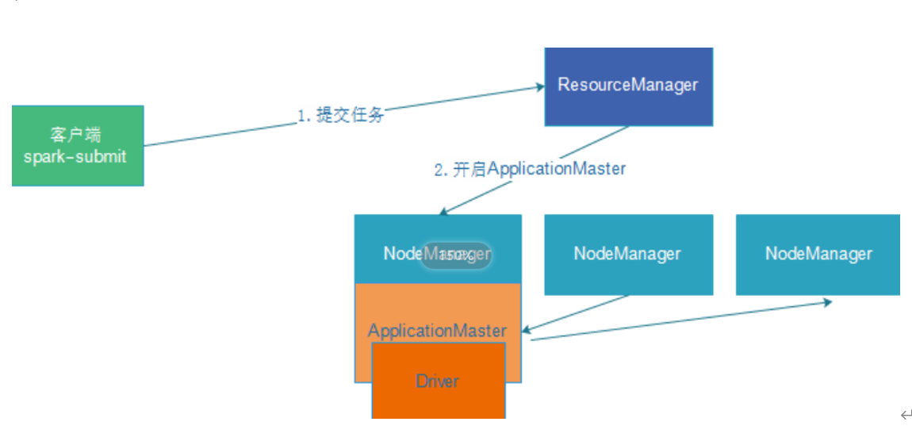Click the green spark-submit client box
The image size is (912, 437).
point(78,146)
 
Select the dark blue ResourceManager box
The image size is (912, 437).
point(628,86)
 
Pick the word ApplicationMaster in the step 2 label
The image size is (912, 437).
point(556,168)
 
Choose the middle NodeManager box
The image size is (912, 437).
point(627,254)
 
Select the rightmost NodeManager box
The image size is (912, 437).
point(818,254)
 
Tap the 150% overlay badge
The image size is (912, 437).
point(456,255)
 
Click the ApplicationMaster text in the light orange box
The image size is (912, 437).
point(437,330)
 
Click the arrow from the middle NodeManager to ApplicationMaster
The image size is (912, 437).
point(575,313)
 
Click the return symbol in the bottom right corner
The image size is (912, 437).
point(906,415)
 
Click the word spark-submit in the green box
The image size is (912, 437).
point(75,156)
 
